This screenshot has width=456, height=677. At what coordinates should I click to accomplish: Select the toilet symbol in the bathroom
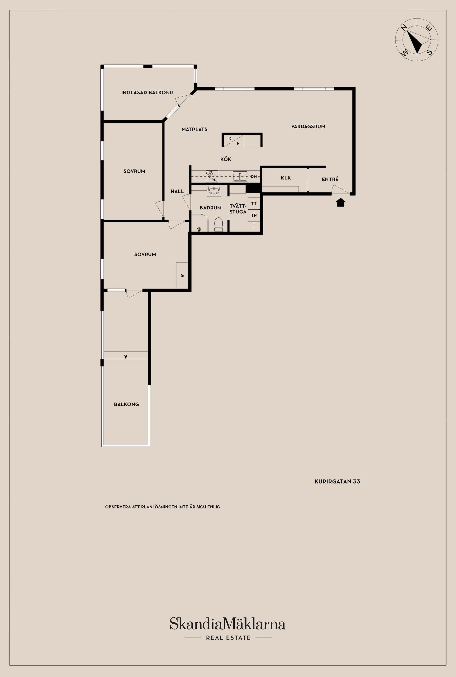pos(218,225)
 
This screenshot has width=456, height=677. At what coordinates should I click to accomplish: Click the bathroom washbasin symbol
pos(214,190)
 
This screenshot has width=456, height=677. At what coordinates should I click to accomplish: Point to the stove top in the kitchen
pos(212,176)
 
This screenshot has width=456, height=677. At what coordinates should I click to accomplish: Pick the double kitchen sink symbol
pos(240,176)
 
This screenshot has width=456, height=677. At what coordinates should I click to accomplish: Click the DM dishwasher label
pos(254,176)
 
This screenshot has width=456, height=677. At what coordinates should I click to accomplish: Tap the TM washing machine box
pos(254,215)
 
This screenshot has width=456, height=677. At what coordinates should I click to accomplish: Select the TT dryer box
pos(254,203)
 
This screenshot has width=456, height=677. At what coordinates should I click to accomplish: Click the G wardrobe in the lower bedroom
pos(182,275)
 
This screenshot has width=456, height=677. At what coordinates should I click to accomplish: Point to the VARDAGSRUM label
pos(308,127)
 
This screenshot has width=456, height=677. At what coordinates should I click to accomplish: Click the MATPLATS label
pos(194,129)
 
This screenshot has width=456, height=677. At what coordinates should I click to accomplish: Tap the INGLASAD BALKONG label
pos(147,92)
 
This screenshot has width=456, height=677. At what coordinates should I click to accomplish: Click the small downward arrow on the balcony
pos(126,355)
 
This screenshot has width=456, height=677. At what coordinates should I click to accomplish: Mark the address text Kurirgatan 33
pos(337,481)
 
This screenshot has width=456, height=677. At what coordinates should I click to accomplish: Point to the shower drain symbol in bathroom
pos(199,229)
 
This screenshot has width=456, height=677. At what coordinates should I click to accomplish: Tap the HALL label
pos(177,191)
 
